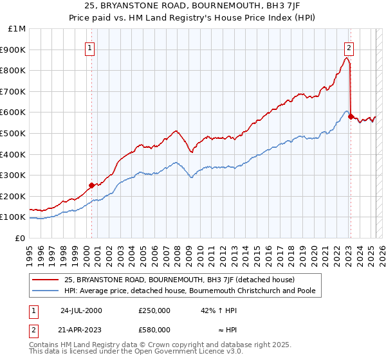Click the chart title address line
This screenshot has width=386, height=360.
click(x=193, y=5)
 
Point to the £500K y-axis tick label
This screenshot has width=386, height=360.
click(x=14, y=134)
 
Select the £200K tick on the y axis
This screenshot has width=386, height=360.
click(x=14, y=197)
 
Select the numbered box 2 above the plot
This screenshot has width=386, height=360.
click(x=349, y=47)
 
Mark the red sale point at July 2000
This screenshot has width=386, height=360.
click(x=92, y=185)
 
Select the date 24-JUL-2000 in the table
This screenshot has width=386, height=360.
click(x=81, y=310)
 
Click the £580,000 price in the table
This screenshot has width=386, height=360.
click(x=154, y=329)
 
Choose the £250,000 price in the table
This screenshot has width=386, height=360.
click(x=154, y=310)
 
